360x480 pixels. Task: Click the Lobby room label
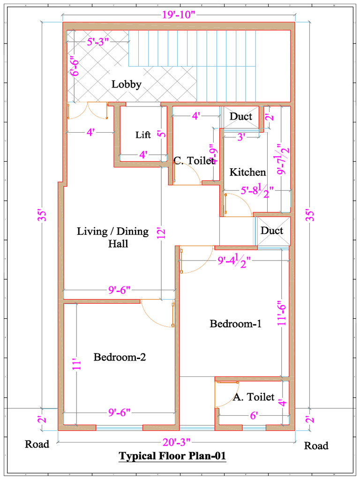click(126, 84)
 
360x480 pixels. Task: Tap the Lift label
click(143, 135)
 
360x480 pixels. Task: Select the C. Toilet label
click(194, 161)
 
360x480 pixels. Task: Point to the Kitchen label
click(247, 172)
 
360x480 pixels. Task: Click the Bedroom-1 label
click(235, 323)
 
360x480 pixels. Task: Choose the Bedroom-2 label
click(120, 357)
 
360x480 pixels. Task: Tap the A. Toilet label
click(254, 397)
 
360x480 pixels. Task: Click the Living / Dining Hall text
click(112, 237)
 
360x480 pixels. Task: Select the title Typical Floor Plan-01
click(172, 456)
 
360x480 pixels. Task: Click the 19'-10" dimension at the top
click(179, 15)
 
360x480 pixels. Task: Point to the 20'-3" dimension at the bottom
click(176, 441)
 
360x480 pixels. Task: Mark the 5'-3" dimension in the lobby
click(97, 41)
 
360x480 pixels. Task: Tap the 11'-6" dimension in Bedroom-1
click(282, 313)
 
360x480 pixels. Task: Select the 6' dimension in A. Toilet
click(253, 415)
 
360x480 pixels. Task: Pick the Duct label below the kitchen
click(272, 231)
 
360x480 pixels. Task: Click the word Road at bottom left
click(37, 444)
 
